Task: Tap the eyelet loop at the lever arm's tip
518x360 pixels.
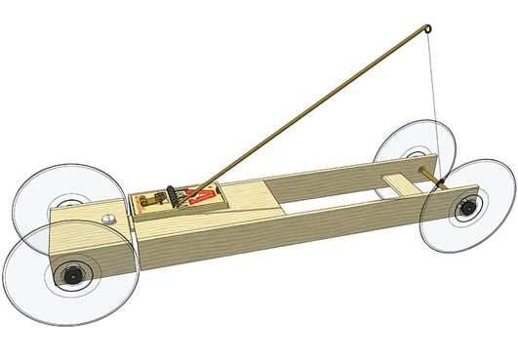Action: pos(427,29)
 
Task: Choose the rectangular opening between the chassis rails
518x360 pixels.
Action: pos(332,201)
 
